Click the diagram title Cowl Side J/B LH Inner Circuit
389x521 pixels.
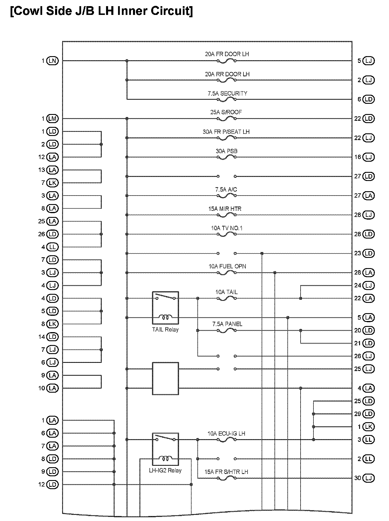(x=101, y=11)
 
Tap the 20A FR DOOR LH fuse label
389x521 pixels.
(x=227, y=54)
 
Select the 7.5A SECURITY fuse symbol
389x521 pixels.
(x=226, y=99)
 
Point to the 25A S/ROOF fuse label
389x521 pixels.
(x=226, y=112)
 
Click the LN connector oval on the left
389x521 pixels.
(x=52, y=61)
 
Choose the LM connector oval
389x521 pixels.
(x=52, y=119)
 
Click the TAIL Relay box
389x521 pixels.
(x=166, y=308)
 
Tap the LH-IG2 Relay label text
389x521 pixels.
(x=166, y=471)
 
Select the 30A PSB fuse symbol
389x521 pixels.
(x=226, y=157)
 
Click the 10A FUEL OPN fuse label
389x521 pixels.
(x=227, y=266)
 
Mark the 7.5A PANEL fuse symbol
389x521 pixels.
(x=226, y=330)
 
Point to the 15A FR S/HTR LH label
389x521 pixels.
(x=226, y=472)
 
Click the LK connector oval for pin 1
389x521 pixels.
(x=368, y=427)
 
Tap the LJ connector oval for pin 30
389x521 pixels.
(x=368, y=478)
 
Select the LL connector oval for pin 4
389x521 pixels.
(x=52, y=247)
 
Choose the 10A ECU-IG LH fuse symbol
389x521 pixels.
(x=226, y=440)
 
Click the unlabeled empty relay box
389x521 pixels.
(x=166, y=379)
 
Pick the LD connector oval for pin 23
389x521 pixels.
(x=368, y=253)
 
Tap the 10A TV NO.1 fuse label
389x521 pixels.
(x=227, y=228)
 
